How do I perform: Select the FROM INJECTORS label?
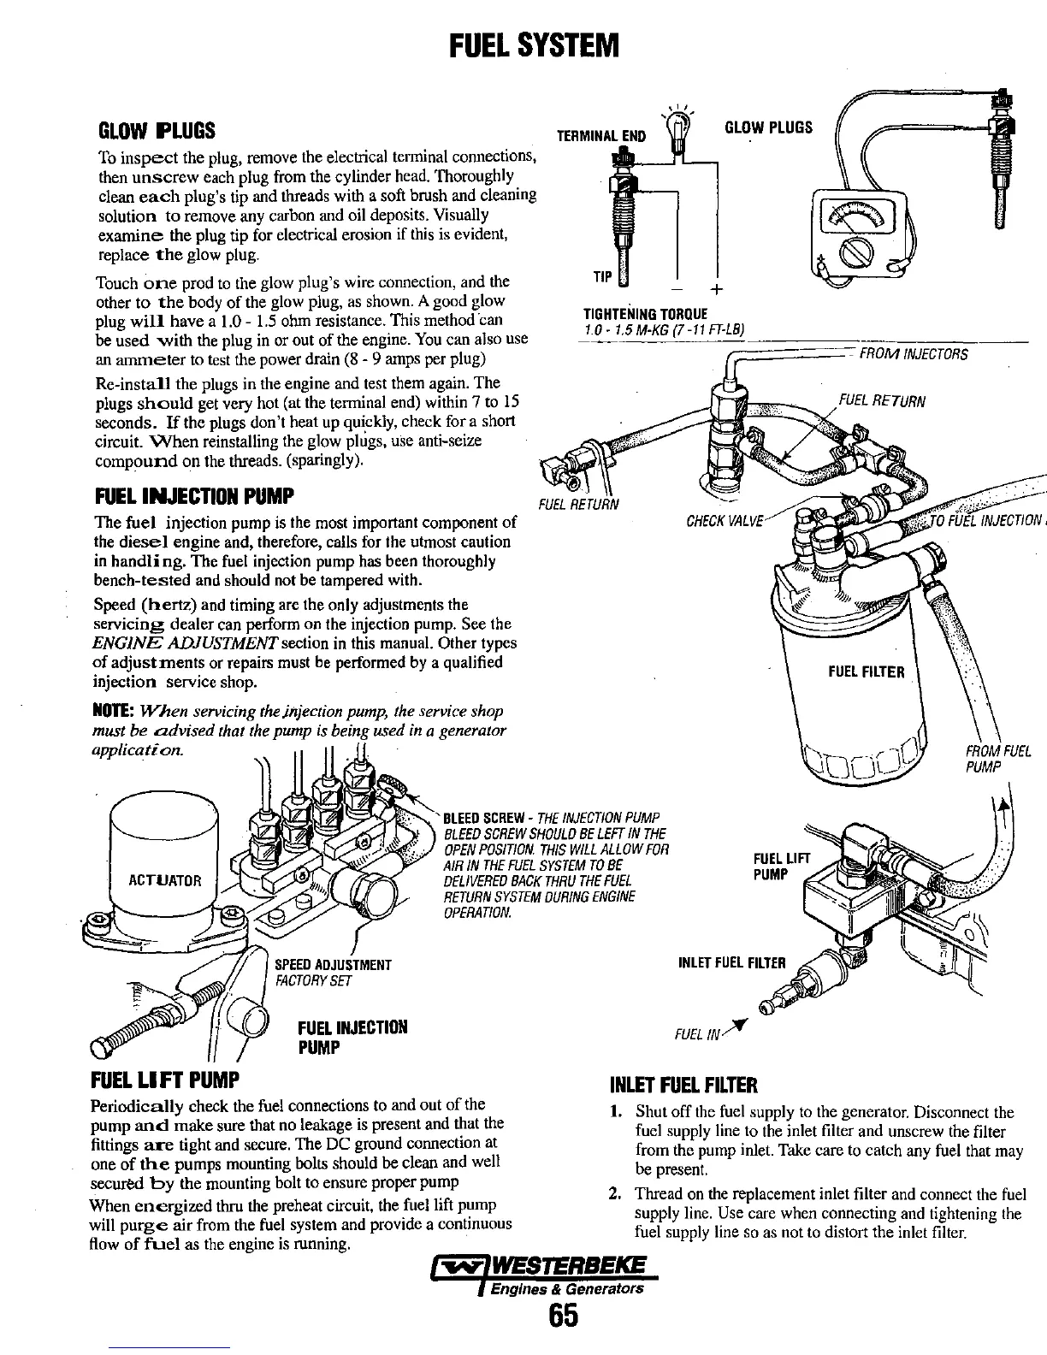913,354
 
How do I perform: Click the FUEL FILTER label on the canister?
865,671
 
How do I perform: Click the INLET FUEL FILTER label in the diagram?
731,962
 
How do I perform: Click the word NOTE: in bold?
111,712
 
